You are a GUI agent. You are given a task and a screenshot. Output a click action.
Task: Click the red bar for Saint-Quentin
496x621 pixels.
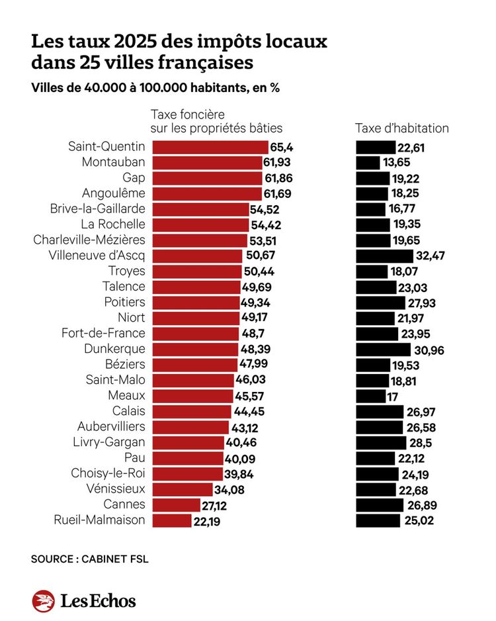tap(210, 147)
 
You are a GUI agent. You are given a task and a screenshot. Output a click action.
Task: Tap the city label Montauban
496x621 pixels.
tap(113, 162)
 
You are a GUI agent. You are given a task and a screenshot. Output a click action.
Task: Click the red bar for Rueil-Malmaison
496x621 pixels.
tap(173, 520)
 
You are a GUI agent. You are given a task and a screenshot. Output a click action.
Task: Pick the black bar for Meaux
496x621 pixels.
tap(370, 396)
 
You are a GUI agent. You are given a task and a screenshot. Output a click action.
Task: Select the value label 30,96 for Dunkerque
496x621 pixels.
tap(429, 349)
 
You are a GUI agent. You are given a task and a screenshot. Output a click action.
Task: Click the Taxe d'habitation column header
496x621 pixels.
tap(401, 128)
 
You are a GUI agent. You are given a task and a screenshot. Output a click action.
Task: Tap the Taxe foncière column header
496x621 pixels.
tap(216, 121)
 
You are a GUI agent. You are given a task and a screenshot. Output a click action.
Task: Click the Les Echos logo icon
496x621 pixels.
tap(43, 600)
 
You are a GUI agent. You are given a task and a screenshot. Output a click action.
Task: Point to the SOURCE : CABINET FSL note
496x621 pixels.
tap(89, 559)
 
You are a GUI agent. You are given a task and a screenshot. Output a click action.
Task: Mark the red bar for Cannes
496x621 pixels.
tap(176, 504)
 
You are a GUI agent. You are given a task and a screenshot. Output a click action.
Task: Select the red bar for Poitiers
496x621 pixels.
tap(196, 302)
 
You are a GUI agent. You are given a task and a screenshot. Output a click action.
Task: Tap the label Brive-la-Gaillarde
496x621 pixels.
tap(97, 209)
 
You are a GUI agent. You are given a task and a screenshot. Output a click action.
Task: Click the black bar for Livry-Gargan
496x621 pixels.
tap(381, 442)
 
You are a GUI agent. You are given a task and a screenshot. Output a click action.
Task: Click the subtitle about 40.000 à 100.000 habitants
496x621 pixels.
tap(155, 88)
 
